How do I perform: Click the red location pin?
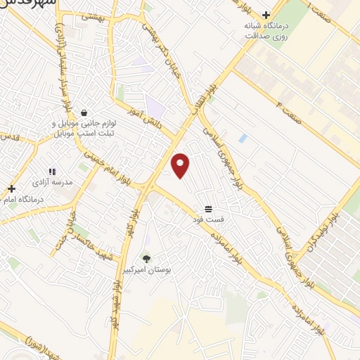click(x=181, y=165)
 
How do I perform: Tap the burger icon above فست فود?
click(x=208, y=209)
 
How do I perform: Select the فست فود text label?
click(x=209, y=219)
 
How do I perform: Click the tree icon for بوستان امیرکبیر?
click(x=146, y=258)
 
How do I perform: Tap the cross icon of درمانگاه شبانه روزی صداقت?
click(x=266, y=14)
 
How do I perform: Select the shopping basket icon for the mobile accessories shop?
click(x=84, y=112)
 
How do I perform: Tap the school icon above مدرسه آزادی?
click(x=52, y=172)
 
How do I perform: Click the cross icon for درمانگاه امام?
click(x=11, y=188)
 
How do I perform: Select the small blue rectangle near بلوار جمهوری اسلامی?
click(x=243, y=139)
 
